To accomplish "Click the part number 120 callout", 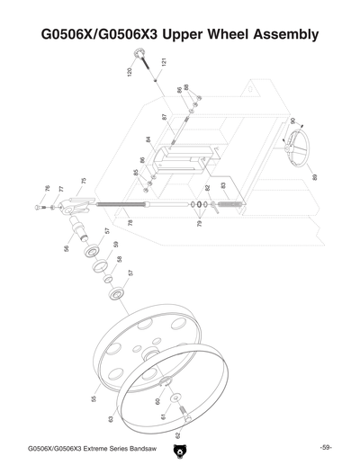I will click(x=130, y=71).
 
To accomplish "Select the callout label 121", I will click(x=164, y=64).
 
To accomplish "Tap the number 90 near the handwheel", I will click(x=292, y=121).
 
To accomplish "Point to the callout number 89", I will click(x=314, y=177).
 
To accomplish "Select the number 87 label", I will click(x=165, y=117).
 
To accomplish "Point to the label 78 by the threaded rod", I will click(x=130, y=222).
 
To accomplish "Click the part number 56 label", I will click(x=66, y=248).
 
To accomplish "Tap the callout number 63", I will click(x=110, y=418).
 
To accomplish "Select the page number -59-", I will click(x=326, y=448).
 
